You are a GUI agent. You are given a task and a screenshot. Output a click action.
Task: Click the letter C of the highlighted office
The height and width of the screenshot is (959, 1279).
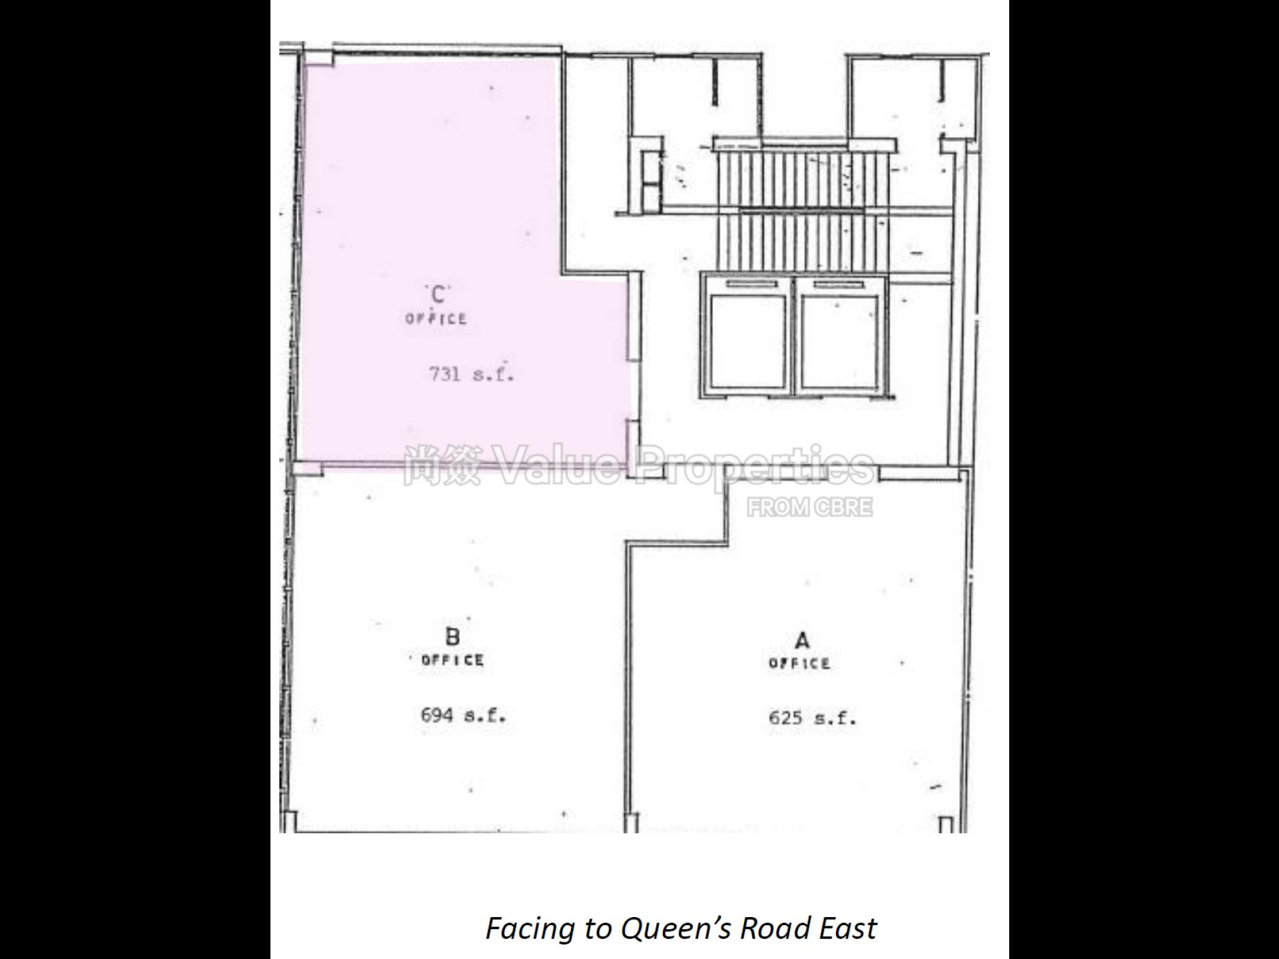pyautogui.click(x=438, y=294)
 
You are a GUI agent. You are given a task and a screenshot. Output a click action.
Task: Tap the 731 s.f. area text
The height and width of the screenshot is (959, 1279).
pyautogui.click(x=471, y=374)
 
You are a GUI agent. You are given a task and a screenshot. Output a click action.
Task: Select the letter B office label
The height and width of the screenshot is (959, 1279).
pyautogui.click(x=452, y=637)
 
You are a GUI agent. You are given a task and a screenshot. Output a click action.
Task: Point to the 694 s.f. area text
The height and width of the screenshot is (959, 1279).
pyautogui.click(x=463, y=715)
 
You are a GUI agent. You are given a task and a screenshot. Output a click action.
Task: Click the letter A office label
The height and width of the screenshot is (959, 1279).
pyautogui.click(x=802, y=641)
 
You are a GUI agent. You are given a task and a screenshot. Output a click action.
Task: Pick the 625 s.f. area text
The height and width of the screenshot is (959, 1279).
pyautogui.click(x=812, y=718)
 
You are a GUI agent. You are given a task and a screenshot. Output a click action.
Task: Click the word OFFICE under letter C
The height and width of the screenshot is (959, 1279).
pyautogui.click(x=436, y=318)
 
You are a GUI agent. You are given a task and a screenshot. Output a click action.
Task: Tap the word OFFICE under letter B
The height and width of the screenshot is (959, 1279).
pyautogui.click(x=452, y=660)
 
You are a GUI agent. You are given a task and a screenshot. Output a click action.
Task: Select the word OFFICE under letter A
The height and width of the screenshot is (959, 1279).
pyautogui.click(x=799, y=663)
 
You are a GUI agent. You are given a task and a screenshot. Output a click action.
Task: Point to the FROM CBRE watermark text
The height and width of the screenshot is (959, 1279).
pyautogui.click(x=809, y=507)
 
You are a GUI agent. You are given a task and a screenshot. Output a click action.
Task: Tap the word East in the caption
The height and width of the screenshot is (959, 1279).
pyautogui.click(x=847, y=928)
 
